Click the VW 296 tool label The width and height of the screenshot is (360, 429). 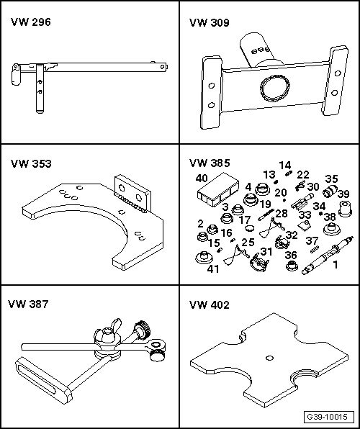coord(31,22)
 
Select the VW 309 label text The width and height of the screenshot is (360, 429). coord(209,23)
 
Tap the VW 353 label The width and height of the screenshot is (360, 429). coord(31,163)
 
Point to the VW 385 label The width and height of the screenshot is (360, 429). coord(210,163)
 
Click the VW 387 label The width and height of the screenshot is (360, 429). coord(28,304)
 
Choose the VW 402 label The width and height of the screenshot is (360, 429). coord(209,304)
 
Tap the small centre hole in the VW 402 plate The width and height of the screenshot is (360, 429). coord(270,358)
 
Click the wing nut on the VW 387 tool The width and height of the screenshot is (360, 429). coord(107,332)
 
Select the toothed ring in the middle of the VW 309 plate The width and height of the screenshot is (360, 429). coord(275,89)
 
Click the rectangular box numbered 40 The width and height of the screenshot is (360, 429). coord(217,189)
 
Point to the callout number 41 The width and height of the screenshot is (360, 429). coord(213,269)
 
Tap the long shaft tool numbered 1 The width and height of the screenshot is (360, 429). coord(328,255)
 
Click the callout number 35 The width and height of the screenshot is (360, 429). coord(331,179)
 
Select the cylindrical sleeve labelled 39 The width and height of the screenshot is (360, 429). coord(345,209)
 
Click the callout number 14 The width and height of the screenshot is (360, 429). coord(285,165)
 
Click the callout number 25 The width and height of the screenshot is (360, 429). coord(248,242)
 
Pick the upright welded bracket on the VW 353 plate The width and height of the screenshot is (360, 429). coord(133,193)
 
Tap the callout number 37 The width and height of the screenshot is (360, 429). coord(312,240)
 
